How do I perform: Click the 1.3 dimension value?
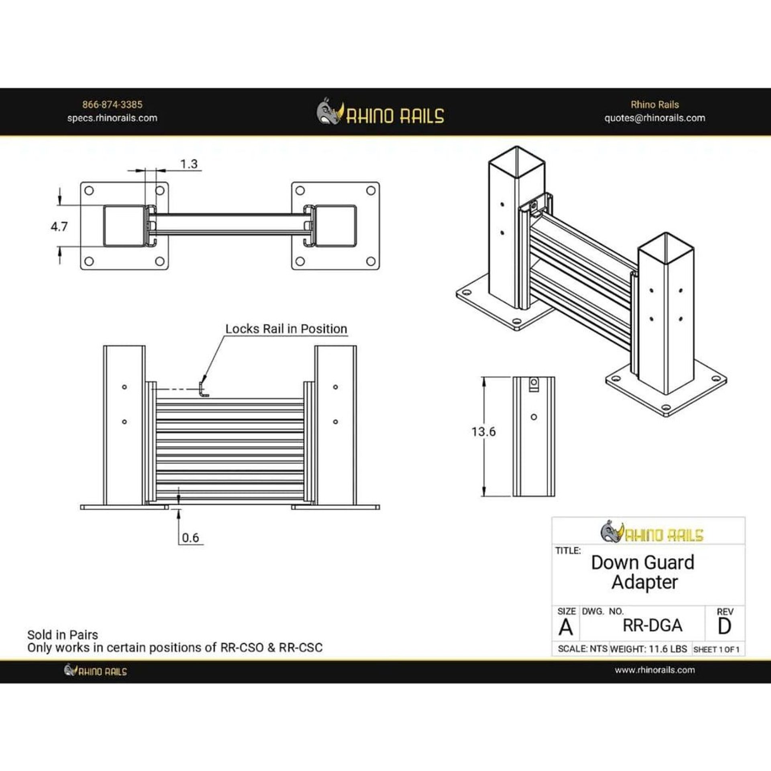[x=189, y=164]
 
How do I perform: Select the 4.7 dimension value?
[x=59, y=227]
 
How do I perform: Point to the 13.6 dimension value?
[x=483, y=432]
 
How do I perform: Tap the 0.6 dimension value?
[x=190, y=538]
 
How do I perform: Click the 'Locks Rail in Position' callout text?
[x=286, y=329]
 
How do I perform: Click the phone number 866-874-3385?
[x=112, y=105]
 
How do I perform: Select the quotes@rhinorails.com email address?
[x=655, y=118]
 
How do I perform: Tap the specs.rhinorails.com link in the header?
[x=112, y=118]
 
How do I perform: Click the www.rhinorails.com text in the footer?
[x=655, y=670]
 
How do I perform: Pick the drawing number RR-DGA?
[x=652, y=625]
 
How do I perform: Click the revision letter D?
[x=724, y=626]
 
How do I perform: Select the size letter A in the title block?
[x=566, y=627]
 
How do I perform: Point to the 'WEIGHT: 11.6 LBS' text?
[x=649, y=649]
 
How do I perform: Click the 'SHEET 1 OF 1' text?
[x=716, y=649]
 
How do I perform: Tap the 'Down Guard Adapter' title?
[x=643, y=572]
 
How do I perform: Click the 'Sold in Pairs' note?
[x=63, y=635]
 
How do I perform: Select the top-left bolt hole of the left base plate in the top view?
[x=90, y=191]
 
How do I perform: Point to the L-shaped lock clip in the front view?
[x=204, y=390]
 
